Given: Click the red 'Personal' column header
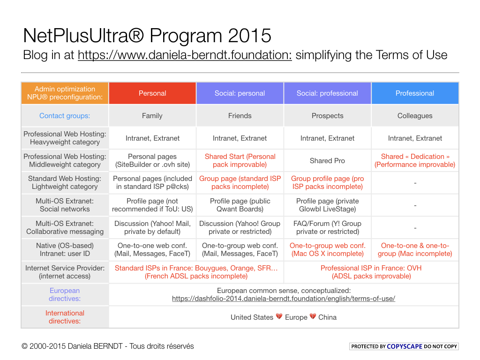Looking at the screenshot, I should (152, 93).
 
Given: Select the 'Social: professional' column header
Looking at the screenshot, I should (327, 93).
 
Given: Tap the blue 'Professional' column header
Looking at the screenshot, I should (415, 93).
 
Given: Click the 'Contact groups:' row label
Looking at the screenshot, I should (65, 116).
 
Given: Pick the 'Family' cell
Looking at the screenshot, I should (152, 116).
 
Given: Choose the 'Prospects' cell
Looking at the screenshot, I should (327, 116).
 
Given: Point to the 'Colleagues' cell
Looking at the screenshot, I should (415, 116).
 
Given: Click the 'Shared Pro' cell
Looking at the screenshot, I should (327, 161).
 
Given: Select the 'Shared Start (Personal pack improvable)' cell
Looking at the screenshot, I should (240, 161).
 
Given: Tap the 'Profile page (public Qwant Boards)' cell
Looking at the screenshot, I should (240, 205).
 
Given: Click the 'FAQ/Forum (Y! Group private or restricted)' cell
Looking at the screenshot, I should (327, 228).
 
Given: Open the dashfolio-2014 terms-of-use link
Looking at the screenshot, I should (284, 299).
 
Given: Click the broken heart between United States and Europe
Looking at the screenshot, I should (279, 317).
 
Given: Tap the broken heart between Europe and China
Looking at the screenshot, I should (313, 317).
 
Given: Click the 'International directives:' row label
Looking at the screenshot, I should (65, 317).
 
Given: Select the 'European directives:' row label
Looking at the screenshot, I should (65, 295).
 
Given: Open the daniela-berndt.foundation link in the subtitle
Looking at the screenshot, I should (185, 55).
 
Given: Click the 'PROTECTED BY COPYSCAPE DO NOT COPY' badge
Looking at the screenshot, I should (404, 346).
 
